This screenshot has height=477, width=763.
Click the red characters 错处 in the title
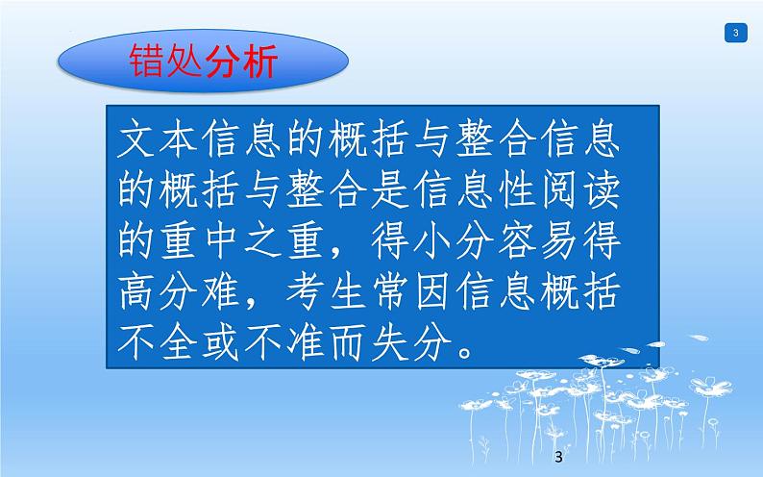point(165,63)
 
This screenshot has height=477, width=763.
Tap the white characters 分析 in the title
point(240,63)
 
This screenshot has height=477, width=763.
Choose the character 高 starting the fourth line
point(135,293)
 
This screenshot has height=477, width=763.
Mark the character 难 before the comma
point(230,293)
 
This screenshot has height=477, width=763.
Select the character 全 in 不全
point(183,343)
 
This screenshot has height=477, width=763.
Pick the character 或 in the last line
point(229,343)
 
